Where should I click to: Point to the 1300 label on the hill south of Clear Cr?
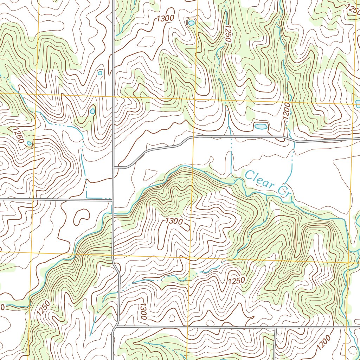click(174, 221)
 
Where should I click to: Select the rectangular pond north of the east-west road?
click(260, 126)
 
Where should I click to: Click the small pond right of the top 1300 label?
click(191, 23)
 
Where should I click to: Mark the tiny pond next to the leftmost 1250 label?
click(29, 143)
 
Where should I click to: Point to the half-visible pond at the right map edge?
click(358, 104)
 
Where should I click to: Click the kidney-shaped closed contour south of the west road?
click(81, 217)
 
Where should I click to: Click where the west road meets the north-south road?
click(112, 200)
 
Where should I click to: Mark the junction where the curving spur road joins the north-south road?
click(113, 167)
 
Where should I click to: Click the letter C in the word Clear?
click(250, 175)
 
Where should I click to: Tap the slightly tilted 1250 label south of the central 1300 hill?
click(236, 281)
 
